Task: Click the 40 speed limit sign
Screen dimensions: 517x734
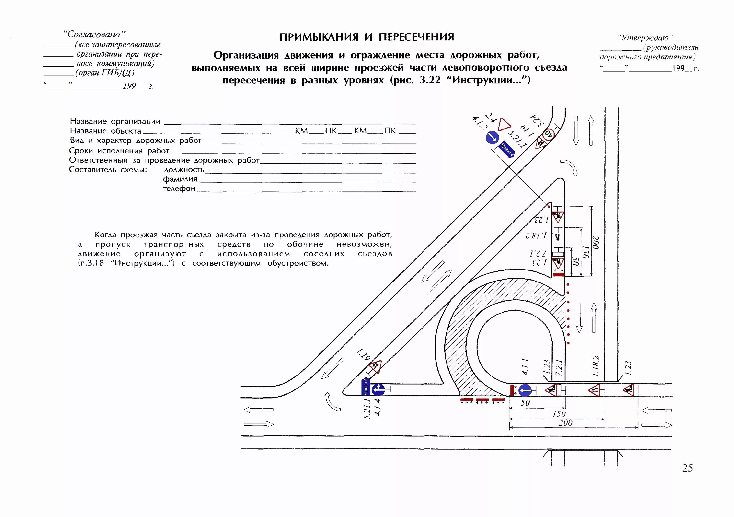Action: coord(549,134)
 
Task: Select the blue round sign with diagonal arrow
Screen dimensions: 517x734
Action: coord(492,138)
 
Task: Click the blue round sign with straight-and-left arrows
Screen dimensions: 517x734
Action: coord(378,389)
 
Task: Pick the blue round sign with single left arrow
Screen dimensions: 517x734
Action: coord(525,390)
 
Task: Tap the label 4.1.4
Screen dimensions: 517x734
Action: coord(378,407)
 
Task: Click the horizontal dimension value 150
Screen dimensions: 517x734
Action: coord(559,414)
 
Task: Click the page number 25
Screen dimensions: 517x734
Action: coord(687,468)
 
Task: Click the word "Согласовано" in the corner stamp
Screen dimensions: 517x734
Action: coord(94,34)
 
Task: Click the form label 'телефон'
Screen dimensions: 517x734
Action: coord(179,189)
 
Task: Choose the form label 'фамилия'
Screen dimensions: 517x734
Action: coord(180,179)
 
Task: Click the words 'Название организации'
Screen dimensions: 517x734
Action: coord(115,121)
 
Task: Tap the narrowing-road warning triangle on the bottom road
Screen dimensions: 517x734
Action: coord(595,390)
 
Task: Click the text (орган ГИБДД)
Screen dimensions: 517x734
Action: coord(105,73)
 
